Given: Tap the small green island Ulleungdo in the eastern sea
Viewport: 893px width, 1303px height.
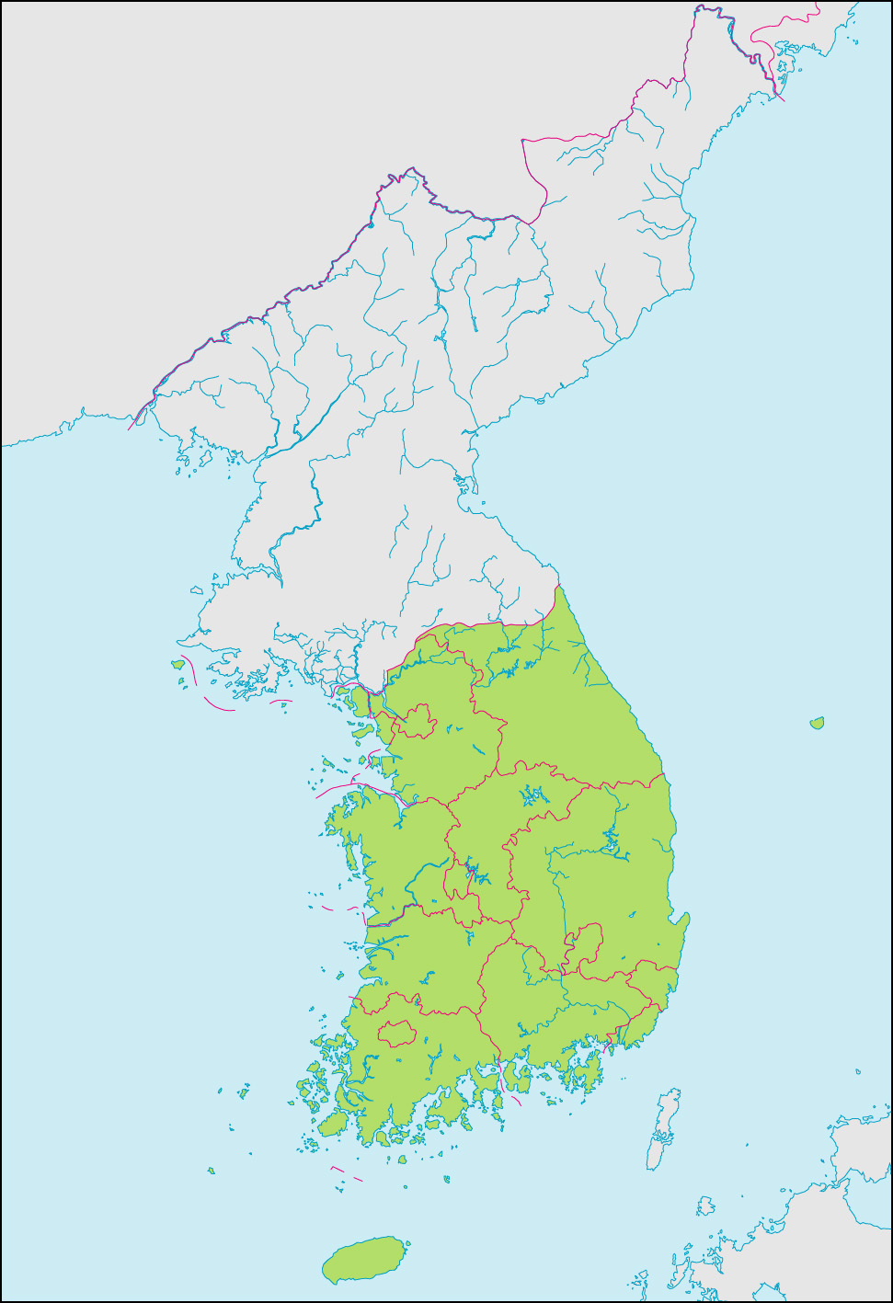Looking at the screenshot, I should point(817,724).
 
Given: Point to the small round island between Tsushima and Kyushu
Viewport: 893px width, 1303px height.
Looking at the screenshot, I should point(705,1206).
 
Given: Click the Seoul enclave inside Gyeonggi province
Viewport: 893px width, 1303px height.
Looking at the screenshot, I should point(417,721).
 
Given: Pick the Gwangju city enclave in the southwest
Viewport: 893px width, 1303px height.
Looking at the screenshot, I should point(396,1033).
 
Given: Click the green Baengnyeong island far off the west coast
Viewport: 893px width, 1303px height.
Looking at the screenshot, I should point(177,664).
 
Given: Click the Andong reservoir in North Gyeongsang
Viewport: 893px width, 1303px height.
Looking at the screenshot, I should point(612,840).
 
